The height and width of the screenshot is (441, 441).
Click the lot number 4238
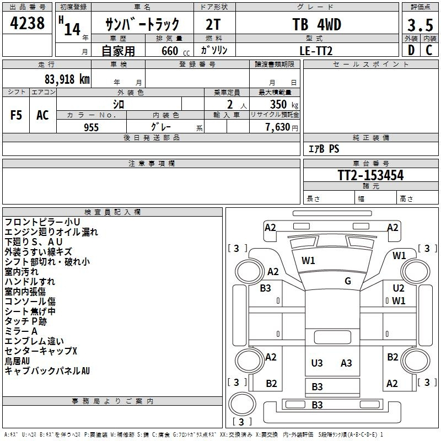tap(27, 23)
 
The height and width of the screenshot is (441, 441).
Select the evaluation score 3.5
tap(420, 25)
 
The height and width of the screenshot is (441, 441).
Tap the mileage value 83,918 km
tap(67, 79)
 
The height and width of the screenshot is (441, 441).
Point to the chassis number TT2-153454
tap(370, 175)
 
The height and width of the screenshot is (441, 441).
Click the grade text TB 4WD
tap(317, 24)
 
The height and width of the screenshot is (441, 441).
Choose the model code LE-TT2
tap(316, 51)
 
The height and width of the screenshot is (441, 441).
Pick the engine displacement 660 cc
tap(175, 51)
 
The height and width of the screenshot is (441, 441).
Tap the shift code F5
tap(16, 115)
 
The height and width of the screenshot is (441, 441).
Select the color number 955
tap(92, 127)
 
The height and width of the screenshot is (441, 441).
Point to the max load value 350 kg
tap(284, 104)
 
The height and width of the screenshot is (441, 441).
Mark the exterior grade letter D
tap(411, 50)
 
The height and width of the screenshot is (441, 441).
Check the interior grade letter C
tap(429, 50)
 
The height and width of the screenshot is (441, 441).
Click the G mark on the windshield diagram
tap(348, 281)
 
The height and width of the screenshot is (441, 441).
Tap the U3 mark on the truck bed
tap(317, 363)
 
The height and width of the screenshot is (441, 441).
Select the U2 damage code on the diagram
tap(399, 288)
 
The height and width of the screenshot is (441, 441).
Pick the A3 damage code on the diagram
tap(346, 363)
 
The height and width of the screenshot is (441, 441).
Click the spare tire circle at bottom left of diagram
tap(242, 404)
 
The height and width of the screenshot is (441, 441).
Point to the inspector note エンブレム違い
tap(34, 341)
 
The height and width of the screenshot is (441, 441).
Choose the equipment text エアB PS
tap(324, 149)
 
